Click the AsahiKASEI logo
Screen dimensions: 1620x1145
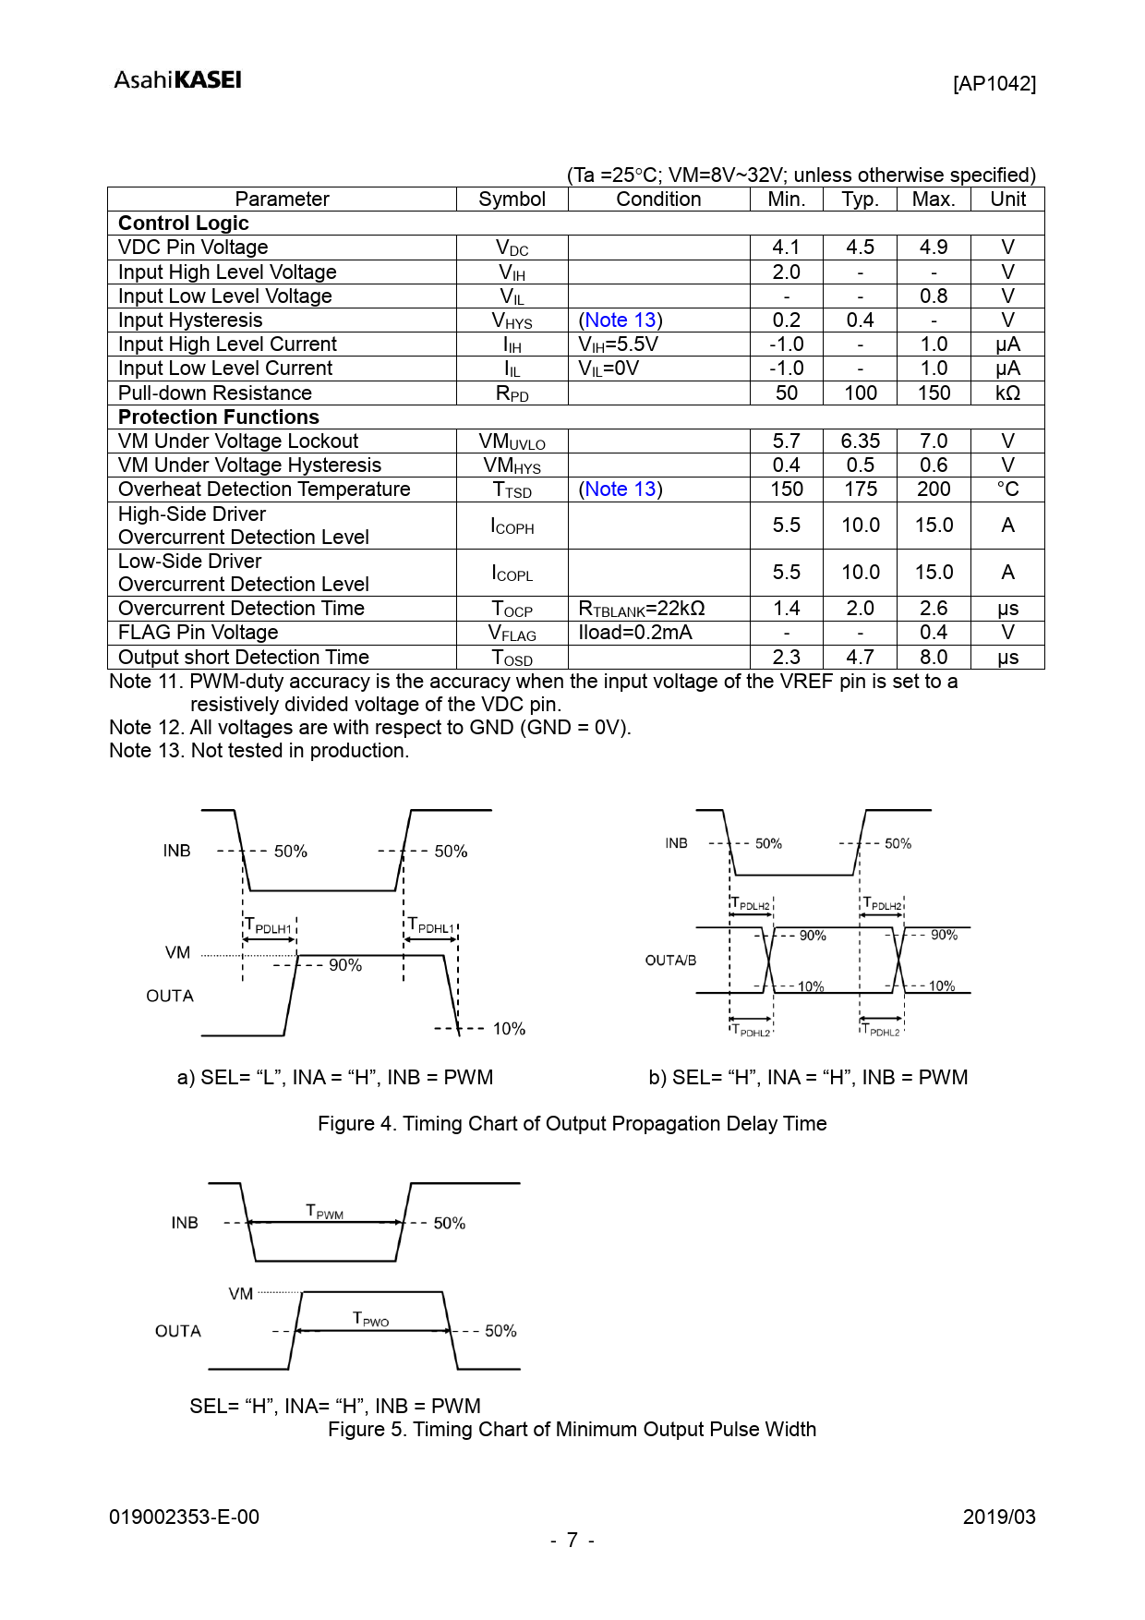[x=177, y=80]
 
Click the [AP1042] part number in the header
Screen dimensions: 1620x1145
[x=994, y=84]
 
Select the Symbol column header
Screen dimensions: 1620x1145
[x=512, y=199]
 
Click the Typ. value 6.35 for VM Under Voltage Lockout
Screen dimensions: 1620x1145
[x=860, y=441]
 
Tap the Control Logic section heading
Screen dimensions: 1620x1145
[x=184, y=224]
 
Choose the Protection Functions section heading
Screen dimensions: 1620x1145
[x=219, y=417]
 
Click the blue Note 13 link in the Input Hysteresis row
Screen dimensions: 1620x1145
[x=621, y=320]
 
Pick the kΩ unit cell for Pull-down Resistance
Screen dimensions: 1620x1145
[x=1007, y=393]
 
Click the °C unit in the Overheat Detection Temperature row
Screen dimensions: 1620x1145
[x=1007, y=490]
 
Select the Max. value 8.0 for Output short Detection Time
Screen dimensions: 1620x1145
[x=934, y=658]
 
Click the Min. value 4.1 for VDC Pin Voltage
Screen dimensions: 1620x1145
[x=786, y=248]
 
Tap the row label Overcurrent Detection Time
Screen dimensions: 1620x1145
[x=242, y=609]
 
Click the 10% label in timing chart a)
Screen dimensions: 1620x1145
[x=509, y=1029]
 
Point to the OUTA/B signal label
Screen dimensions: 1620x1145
[x=670, y=961]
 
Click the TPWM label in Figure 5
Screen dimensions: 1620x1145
[x=324, y=1212]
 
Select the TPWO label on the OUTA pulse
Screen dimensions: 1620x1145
[x=370, y=1319]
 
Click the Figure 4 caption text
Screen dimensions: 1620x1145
[x=572, y=1124]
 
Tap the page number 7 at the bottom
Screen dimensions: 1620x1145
[x=572, y=1540]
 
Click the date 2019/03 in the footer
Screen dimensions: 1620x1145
[x=998, y=1517]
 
